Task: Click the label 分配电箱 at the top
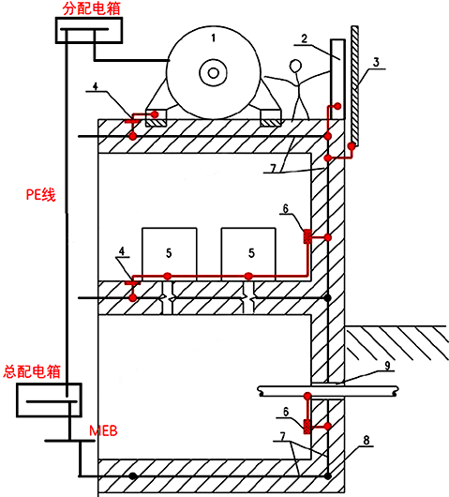[92, 8]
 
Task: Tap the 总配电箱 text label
[32, 371]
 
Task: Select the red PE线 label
[41, 194]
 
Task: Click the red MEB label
[103, 430]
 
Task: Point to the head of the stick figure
[295, 67]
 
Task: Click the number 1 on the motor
[214, 38]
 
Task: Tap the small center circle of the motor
[213, 73]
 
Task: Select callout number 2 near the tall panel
[305, 38]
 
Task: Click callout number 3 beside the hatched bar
[376, 62]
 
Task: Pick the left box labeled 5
[170, 254]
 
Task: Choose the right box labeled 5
[248, 254]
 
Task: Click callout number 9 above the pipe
[387, 366]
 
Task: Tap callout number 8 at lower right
[367, 440]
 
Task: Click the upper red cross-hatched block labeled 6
[307, 236]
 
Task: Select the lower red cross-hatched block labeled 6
[307, 427]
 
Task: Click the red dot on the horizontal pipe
[307, 396]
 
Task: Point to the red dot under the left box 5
[167, 276]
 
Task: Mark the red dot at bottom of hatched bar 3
[352, 146]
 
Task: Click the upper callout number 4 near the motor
[96, 86]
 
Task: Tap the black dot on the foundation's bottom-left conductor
[133, 475]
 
